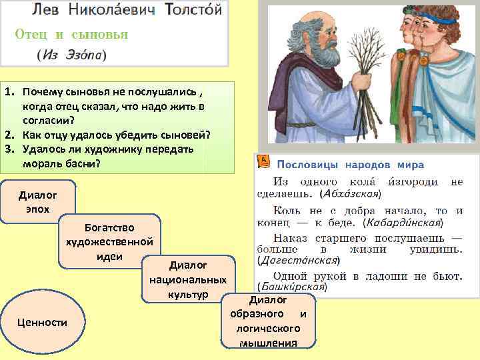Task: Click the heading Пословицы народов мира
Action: pyautogui.click(x=350, y=164)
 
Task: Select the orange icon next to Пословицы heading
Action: pyautogui.click(x=263, y=161)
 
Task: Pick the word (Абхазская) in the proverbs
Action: pyautogui.click(x=350, y=194)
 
